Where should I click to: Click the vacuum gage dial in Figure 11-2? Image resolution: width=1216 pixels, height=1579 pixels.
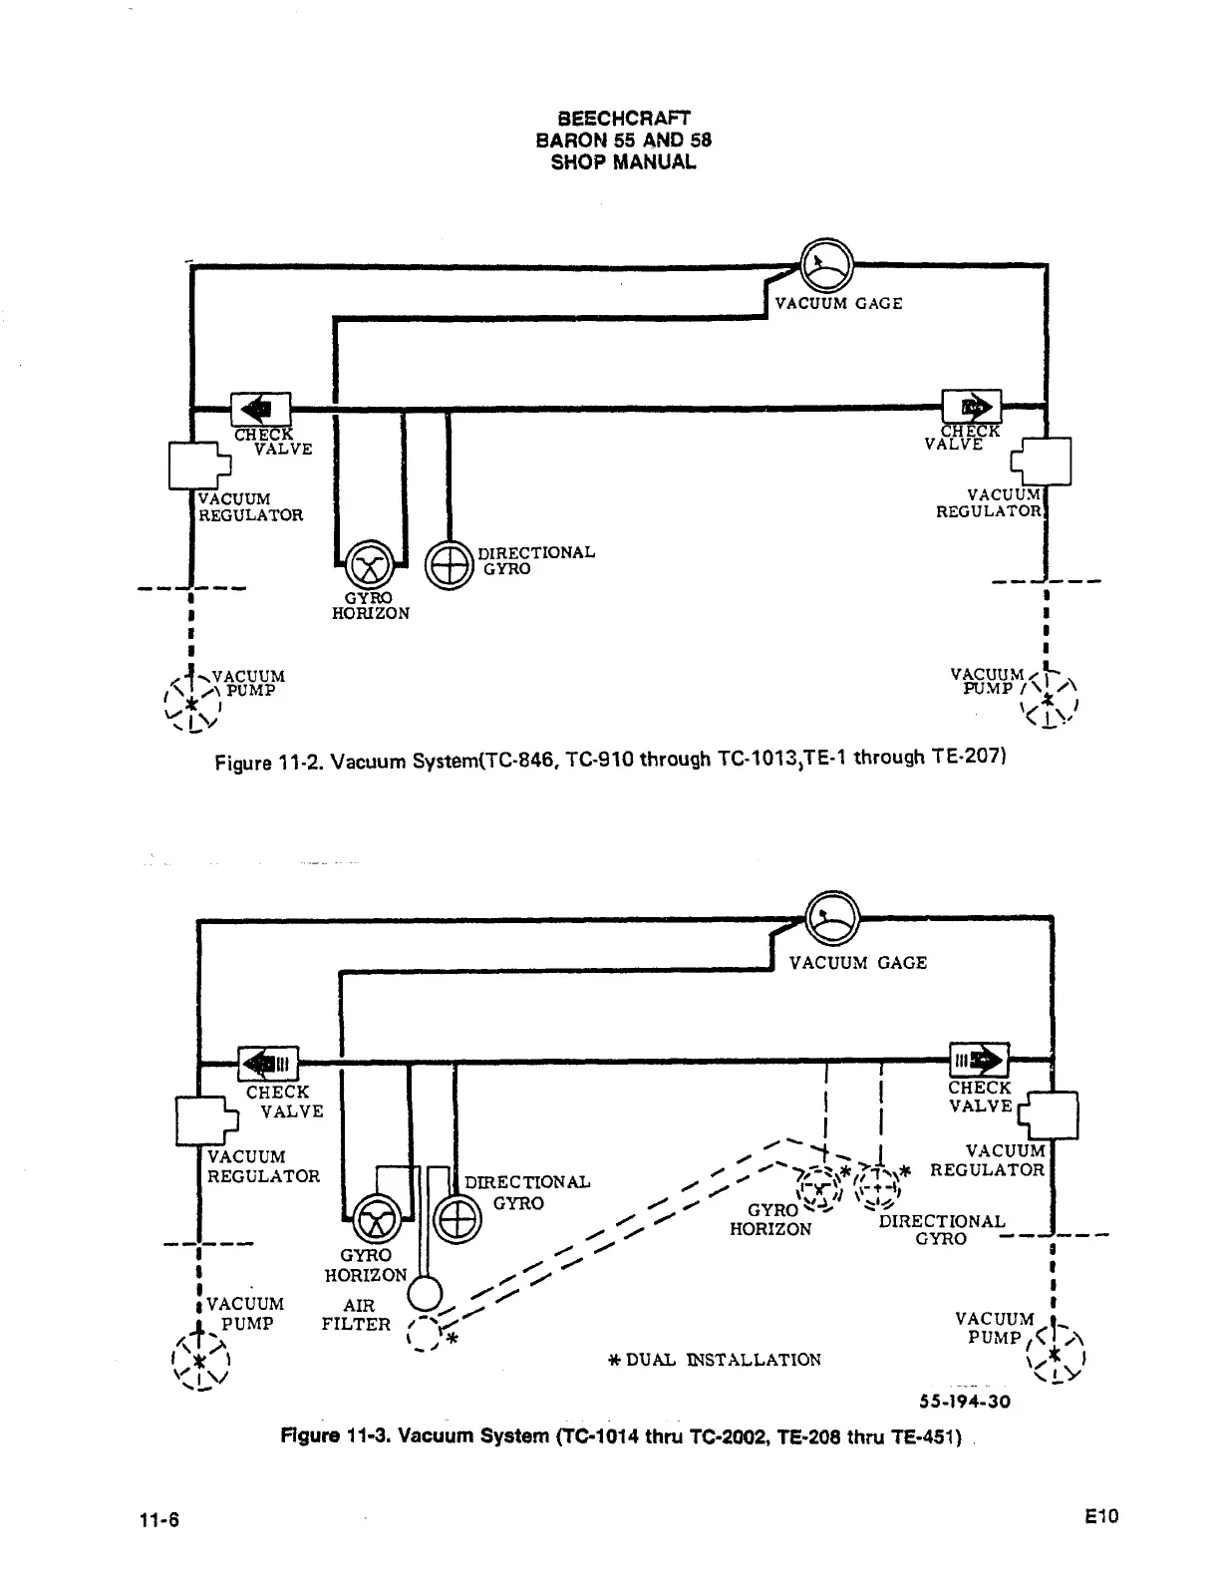pyautogui.click(x=828, y=263)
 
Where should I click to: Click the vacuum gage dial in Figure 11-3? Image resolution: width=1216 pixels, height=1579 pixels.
pyautogui.click(x=833, y=916)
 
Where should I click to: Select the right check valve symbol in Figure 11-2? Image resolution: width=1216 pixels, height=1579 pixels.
pyautogui.click(x=972, y=407)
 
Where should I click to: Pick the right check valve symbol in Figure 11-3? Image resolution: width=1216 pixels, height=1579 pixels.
pyautogui.click(x=980, y=1059)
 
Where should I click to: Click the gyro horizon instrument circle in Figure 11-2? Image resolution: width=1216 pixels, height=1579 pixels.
pyautogui.click(x=370, y=569)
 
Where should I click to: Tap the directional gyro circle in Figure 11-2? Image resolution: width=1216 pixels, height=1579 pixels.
pyautogui.click(x=448, y=569)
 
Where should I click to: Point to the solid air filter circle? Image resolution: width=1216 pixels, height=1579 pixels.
pyautogui.click(x=426, y=1293)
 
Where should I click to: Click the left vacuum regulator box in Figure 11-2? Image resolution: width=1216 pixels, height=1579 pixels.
pyautogui.click(x=200, y=463)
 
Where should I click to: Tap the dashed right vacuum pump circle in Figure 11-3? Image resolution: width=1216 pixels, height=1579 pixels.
pyautogui.click(x=1056, y=1359)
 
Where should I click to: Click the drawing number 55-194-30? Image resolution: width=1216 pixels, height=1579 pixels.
pyautogui.click(x=965, y=1402)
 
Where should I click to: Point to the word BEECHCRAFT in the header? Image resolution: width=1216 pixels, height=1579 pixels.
pyautogui.click(x=623, y=119)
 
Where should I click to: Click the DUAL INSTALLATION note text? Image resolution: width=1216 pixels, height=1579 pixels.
pyautogui.click(x=715, y=1360)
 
